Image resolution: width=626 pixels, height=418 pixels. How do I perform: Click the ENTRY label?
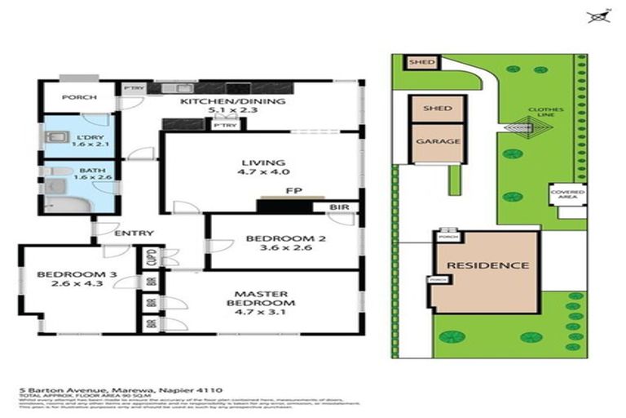(134, 233)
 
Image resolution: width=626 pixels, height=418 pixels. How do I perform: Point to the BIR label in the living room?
(339, 207)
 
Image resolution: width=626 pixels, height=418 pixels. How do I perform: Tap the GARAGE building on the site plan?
(439, 140)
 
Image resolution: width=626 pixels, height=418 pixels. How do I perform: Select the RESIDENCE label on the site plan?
(487, 265)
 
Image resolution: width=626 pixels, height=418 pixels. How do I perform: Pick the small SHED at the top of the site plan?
(421, 62)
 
